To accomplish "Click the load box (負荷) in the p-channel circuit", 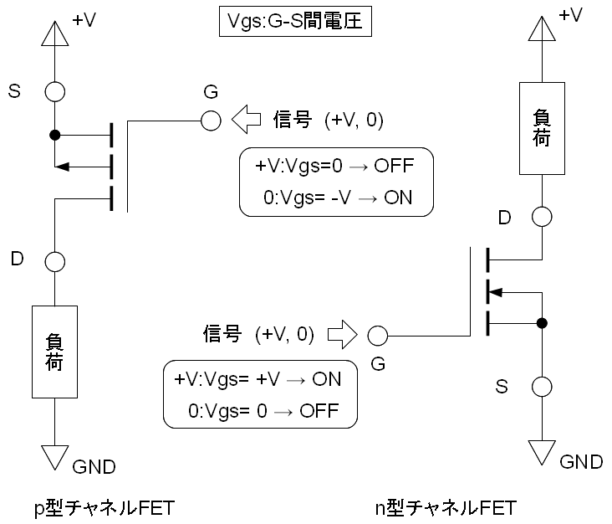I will (54, 352).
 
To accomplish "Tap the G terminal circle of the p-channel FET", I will (211, 121).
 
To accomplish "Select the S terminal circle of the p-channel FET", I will (54, 91).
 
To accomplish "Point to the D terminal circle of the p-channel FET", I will (54, 262).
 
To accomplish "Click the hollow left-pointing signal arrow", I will (247, 121).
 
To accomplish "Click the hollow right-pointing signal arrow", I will (341, 336).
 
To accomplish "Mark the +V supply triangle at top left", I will (54, 32).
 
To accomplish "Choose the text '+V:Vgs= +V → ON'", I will (258, 378).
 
